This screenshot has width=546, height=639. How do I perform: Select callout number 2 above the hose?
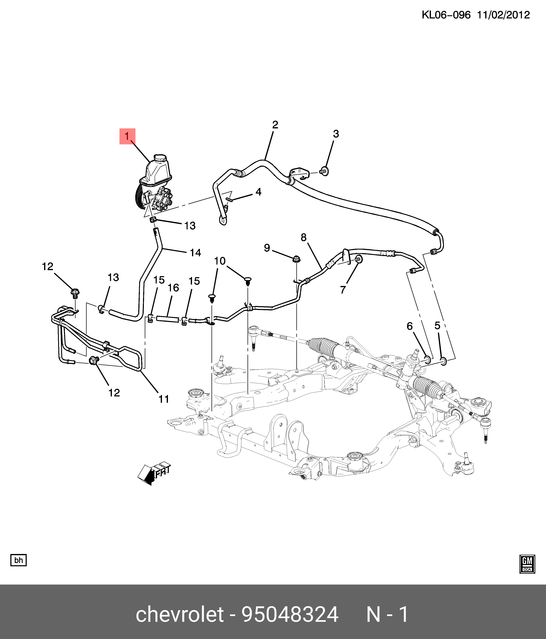pos(275,125)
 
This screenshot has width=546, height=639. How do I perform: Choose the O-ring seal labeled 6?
pos(428,359)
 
